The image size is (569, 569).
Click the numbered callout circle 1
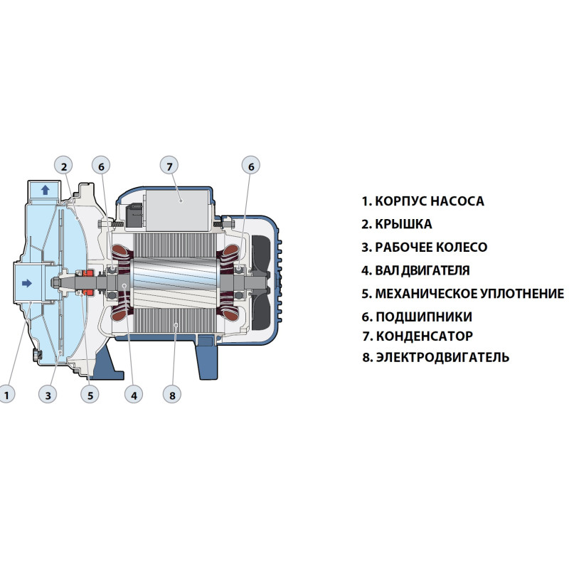[6, 395]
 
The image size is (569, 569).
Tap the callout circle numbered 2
[63, 166]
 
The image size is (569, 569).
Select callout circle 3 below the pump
[48, 395]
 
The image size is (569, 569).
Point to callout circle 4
[134, 395]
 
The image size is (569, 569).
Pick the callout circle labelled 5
[90, 395]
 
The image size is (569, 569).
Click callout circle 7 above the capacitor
[169, 166]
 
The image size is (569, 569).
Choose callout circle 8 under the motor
[172, 395]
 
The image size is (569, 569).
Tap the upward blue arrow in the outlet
[46, 190]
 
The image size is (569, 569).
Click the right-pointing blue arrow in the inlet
[27, 283]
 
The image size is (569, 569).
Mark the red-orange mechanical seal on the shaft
[88, 282]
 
